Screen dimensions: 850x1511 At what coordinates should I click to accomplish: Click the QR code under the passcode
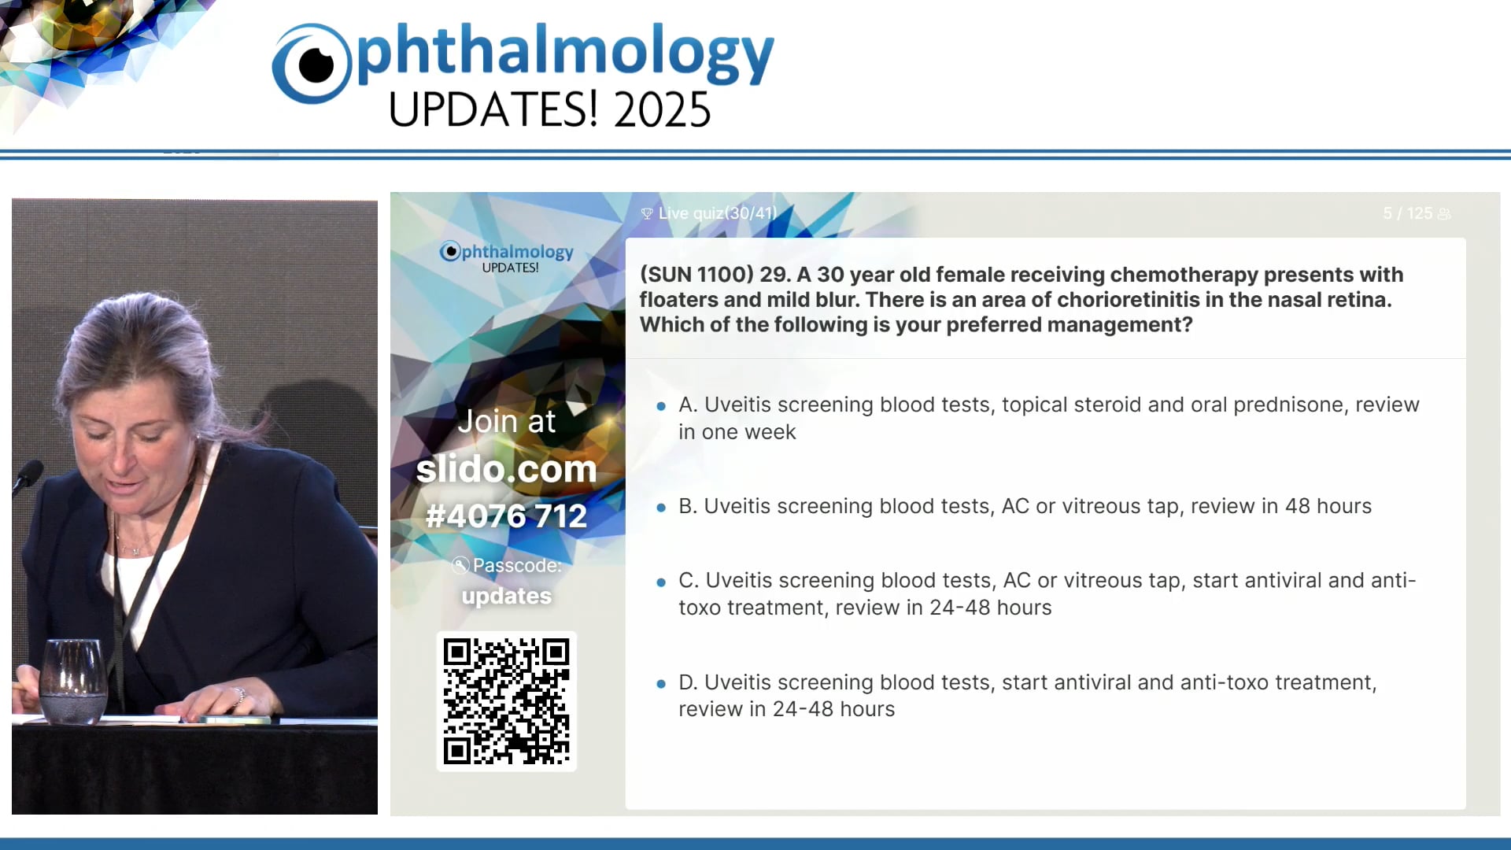coord(506,700)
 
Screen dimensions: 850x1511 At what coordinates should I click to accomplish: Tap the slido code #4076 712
coord(506,516)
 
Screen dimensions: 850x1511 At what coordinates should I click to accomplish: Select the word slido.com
coord(506,469)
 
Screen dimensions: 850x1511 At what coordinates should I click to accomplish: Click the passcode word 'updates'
coord(506,596)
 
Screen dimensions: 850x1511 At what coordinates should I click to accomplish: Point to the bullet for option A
coord(661,406)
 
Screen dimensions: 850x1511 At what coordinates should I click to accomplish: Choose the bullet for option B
coord(661,508)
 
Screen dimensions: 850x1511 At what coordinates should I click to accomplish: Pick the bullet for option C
coord(661,582)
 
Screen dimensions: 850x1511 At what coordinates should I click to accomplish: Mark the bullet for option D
coord(661,684)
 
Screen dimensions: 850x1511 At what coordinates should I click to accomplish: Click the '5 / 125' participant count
coord(1408,213)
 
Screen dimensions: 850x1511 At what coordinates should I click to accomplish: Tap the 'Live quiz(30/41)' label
coord(716,213)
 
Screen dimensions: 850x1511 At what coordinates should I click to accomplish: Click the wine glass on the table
coord(72,681)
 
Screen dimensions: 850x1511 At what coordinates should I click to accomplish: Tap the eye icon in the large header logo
coord(312,65)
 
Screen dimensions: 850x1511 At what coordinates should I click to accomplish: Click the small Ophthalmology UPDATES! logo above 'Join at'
coord(507,257)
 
